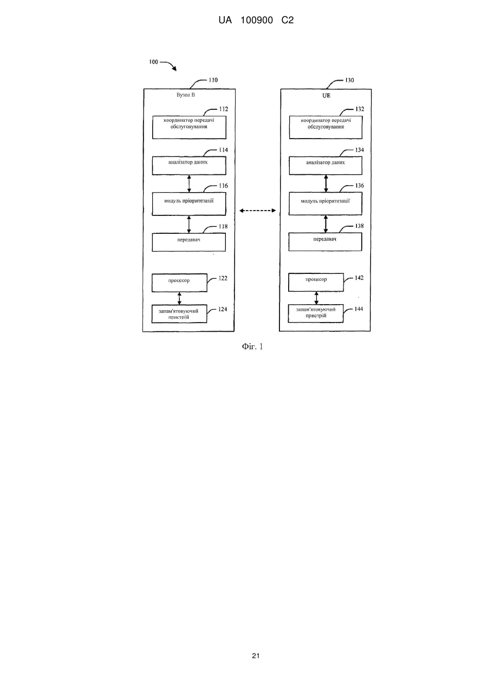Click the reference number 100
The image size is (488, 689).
tap(153, 62)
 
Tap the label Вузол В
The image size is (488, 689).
tap(185, 95)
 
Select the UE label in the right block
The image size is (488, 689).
tap(326, 95)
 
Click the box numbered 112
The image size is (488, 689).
tap(189, 127)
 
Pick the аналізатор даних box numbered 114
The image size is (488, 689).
tap(189, 166)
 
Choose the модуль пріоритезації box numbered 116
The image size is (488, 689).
tap(189, 204)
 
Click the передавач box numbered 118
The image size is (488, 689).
tap(188, 242)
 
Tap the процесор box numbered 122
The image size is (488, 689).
tap(179, 283)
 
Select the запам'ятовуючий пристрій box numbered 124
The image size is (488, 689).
tap(179, 314)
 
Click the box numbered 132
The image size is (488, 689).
tap(326, 127)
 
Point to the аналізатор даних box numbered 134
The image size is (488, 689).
tap(326, 166)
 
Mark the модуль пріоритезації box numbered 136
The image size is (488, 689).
tap(326, 204)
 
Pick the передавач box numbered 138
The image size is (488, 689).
tap(325, 242)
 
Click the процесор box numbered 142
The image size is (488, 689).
tap(316, 282)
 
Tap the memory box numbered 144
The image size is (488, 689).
tap(316, 313)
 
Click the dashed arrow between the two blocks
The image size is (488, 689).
tap(257, 211)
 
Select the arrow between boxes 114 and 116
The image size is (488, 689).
tap(189, 183)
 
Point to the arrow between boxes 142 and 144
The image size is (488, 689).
tap(316, 298)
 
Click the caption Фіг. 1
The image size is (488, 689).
tap(252, 346)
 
